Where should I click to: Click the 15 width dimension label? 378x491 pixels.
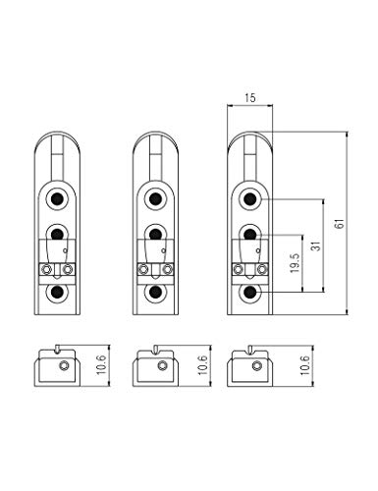pyautogui.click(x=249, y=98)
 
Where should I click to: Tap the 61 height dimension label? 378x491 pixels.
pyautogui.click(x=341, y=224)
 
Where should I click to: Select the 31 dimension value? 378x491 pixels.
pyautogui.click(x=315, y=245)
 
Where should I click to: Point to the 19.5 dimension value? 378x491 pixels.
pyautogui.click(x=295, y=262)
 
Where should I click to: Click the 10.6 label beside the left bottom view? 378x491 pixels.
pyautogui.click(x=102, y=364)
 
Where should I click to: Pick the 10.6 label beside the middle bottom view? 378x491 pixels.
pyautogui.click(x=203, y=364)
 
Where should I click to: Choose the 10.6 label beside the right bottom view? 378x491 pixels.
pyautogui.click(x=305, y=364)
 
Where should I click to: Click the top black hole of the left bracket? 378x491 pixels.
pyautogui.click(x=57, y=198)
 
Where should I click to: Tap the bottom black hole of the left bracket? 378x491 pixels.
pyautogui.click(x=57, y=292)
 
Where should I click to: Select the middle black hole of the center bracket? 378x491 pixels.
pyautogui.click(x=155, y=234)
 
